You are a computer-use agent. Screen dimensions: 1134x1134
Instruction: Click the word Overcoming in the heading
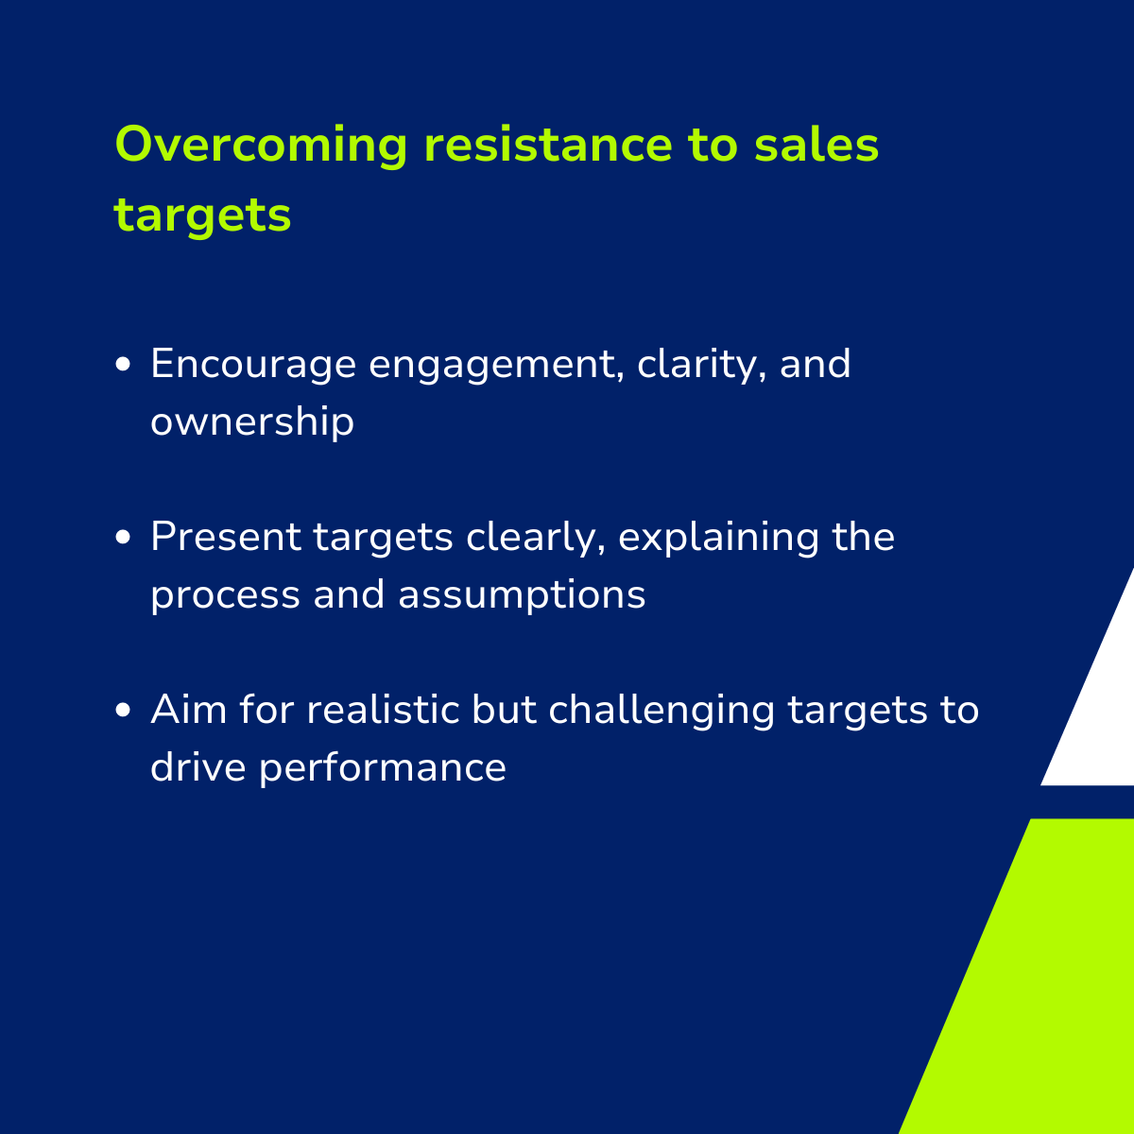261,145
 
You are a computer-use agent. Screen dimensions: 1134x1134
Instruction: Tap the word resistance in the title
548,145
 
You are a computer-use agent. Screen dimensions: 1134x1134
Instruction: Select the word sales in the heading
816,145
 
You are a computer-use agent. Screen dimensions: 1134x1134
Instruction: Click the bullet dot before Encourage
123,364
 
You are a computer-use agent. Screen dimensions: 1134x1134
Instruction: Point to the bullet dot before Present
123,537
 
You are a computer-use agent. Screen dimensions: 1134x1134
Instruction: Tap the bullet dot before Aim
123,710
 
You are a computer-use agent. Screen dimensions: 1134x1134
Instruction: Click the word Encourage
253,364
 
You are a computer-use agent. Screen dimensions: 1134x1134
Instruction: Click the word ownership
252,421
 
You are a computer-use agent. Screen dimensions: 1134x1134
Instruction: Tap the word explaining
718,539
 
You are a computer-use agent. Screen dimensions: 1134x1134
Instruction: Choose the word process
226,596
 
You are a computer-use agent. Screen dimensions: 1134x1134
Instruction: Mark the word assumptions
522,595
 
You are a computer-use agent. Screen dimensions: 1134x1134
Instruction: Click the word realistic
383,710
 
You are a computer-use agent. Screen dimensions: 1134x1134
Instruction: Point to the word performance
383,768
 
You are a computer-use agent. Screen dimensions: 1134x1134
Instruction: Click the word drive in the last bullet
198,766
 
